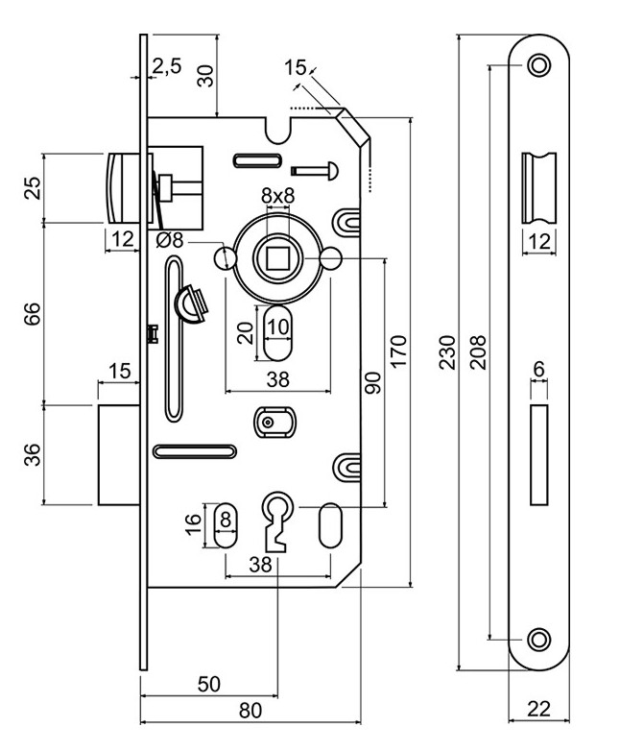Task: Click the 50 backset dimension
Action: click(x=208, y=684)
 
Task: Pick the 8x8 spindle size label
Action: click(x=278, y=195)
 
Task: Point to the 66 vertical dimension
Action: click(x=33, y=313)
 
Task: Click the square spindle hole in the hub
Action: click(x=278, y=257)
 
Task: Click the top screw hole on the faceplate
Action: click(x=539, y=66)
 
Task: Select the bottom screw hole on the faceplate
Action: click(x=539, y=638)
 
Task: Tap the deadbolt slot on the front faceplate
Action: click(x=539, y=456)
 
